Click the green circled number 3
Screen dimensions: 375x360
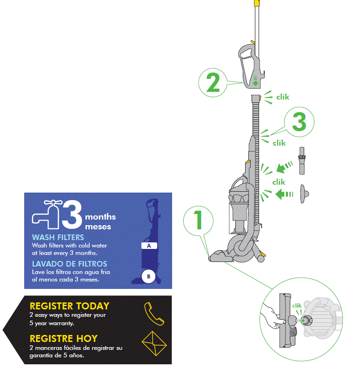point(299,122)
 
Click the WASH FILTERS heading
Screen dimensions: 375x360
point(58,238)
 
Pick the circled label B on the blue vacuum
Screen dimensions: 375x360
point(148,276)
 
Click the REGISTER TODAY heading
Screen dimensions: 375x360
point(69,306)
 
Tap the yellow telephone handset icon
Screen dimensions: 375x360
point(153,314)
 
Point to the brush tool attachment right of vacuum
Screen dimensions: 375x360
point(301,160)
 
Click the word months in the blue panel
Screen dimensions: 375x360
point(100,217)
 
